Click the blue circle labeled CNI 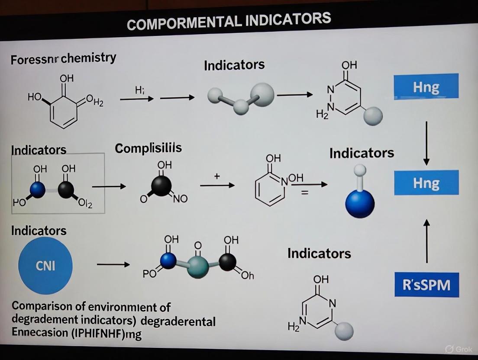click(45, 265)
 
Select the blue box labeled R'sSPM click(426, 284)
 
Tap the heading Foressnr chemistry click(63, 58)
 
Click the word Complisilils click(148, 148)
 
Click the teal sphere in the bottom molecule click(198, 266)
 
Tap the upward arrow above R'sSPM click(426, 241)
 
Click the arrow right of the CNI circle click(113, 264)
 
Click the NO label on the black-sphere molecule click(181, 199)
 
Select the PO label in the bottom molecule click(149, 273)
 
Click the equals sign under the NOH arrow click(304, 193)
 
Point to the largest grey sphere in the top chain click(262, 94)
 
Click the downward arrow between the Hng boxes click(426, 143)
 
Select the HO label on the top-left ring click(35, 97)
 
